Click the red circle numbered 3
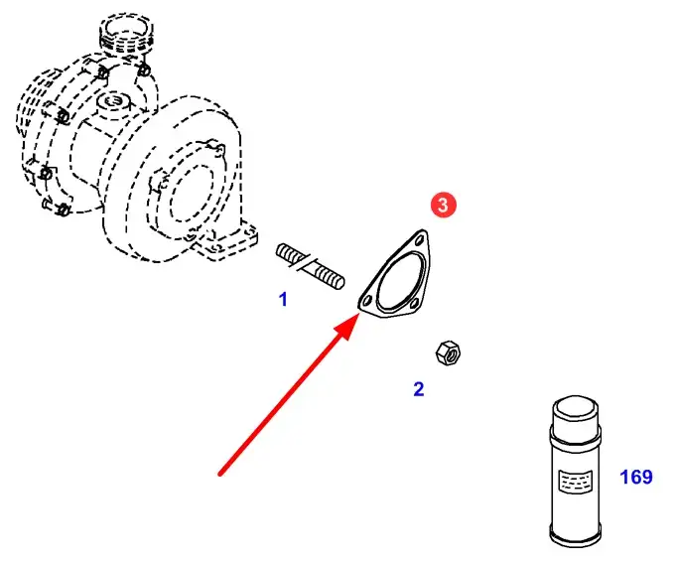[x=443, y=205]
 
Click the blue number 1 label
[x=283, y=299]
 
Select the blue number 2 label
[x=419, y=389]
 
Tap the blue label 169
[x=636, y=477]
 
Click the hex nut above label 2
[x=448, y=353]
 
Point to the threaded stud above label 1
[x=310, y=265]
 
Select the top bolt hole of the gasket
[x=419, y=241]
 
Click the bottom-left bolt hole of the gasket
[x=367, y=300]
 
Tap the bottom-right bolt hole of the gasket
[x=415, y=304]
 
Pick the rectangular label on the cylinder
[x=575, y=481]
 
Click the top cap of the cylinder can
[x=575, y=407]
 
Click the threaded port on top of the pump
[x=125, y=33]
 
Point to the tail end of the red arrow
[x=219, y=475]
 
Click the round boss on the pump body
[x=113, y=102]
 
